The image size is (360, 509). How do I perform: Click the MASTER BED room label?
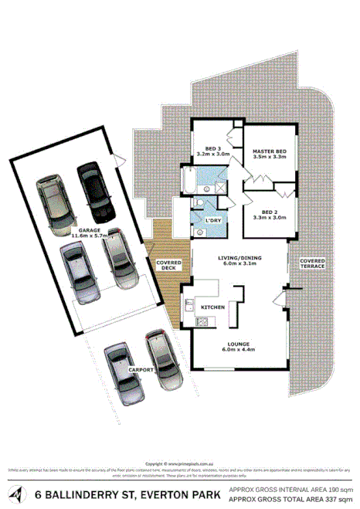(x=269, y=151)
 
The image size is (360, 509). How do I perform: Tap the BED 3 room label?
(x=213, y=148)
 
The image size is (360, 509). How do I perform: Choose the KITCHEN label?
(x=212, y=307)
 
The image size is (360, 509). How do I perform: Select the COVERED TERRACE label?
(x=313, y=263)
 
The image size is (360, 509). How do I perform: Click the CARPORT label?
(x=143, y=370)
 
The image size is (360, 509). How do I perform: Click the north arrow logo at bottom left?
(x=16, y=494)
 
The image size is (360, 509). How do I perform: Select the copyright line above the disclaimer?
(x=179, y=463)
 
